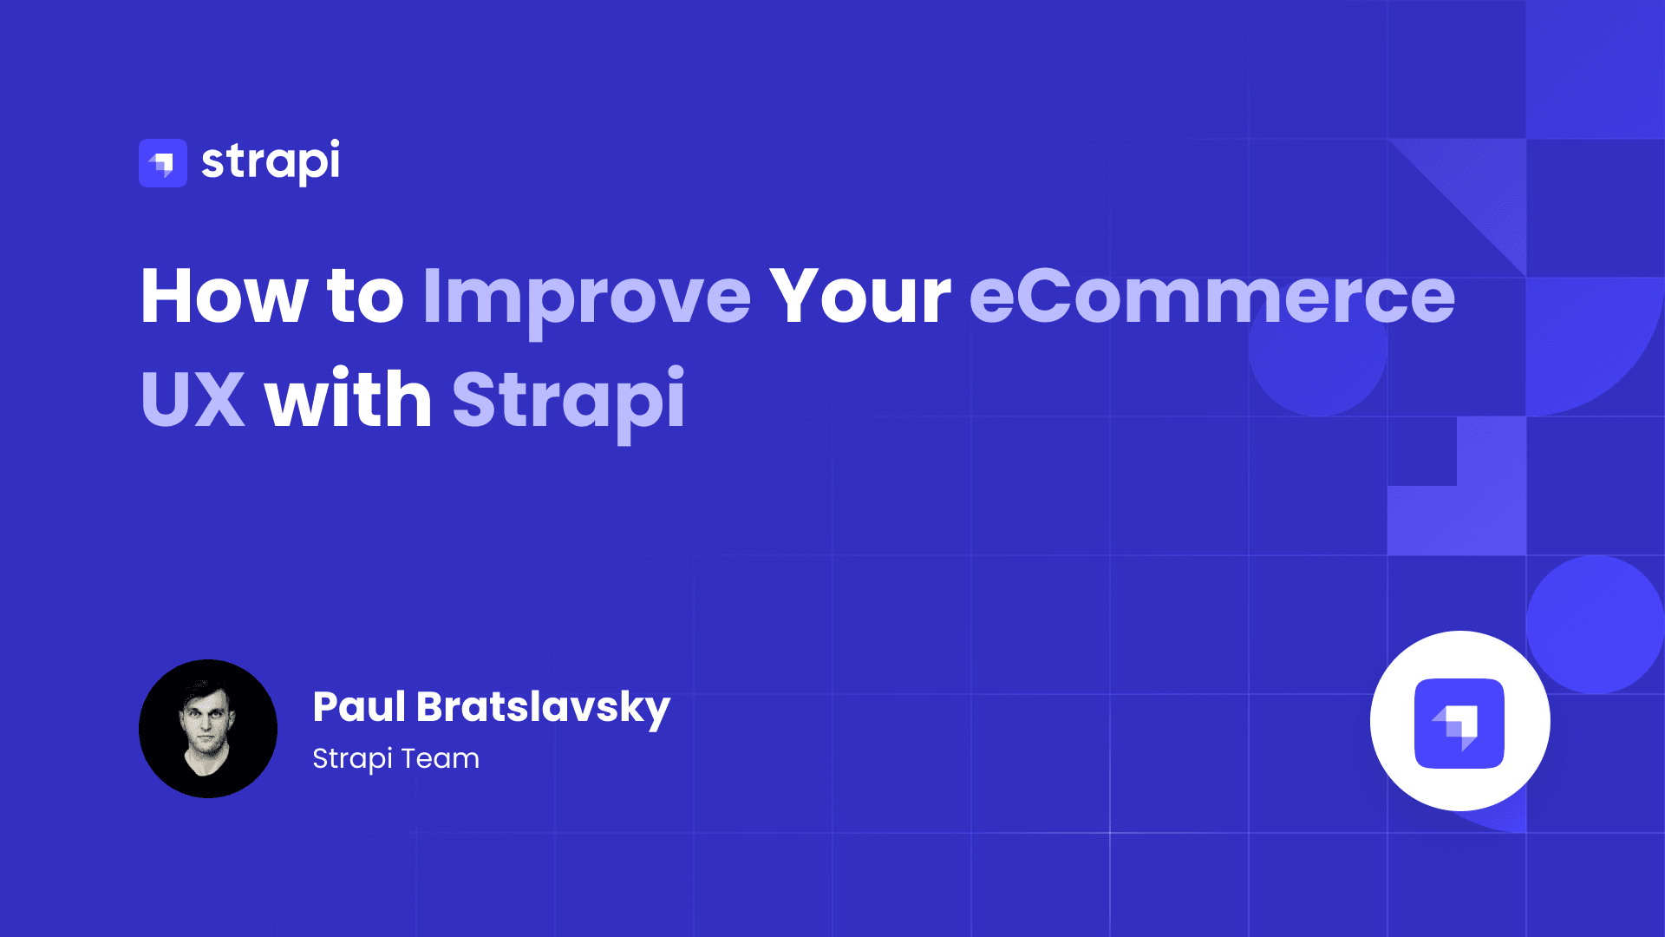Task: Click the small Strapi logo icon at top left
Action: (x=163, y=163)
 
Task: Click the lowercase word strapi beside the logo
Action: (x=271, y=161)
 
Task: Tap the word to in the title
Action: (x=365, y=297)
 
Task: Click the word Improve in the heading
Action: (x=586, y=297)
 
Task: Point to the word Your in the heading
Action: (x=860, y=297)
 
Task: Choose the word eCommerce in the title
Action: (x=1211, y=297)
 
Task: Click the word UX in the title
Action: (x=193, y=399)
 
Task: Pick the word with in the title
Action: (x=348, y=399)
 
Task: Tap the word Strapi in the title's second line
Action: (x=568, y=399)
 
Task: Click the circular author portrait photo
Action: (x=208, y=729)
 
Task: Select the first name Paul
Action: (x=359, y=706)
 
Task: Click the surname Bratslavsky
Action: (x=543, y=708)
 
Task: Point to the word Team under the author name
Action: (x=440, y=758)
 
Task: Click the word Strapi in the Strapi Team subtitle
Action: (x=352, y=759)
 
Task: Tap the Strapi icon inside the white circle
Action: (x=1459, y=723)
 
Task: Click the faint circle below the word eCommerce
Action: (x=1317, y=364)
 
